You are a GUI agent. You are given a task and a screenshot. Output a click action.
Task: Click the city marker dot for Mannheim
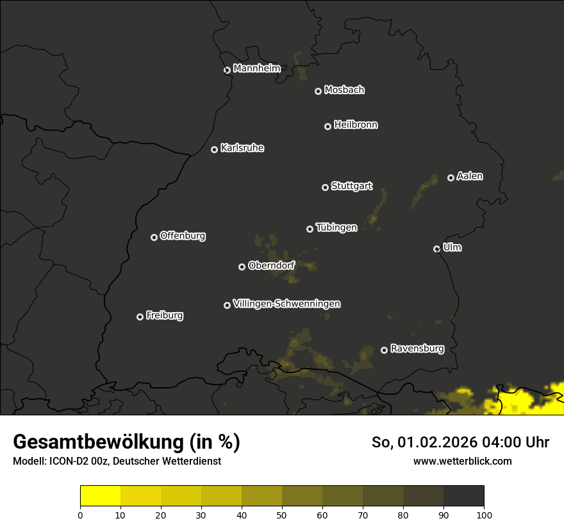point(227,71)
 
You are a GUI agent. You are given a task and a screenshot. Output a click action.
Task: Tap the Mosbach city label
point(344,90)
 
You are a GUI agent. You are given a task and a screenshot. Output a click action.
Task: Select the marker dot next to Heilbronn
point(328,126)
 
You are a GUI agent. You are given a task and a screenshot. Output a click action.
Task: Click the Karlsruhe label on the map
point(242,148)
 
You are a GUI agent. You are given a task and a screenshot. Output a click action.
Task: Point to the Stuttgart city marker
point(325,187)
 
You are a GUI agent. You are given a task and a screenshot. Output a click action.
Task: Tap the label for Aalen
point(470,176)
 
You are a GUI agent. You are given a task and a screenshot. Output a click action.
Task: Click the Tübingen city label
point(336,228)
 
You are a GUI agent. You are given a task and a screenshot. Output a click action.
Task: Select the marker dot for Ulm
point(436,249)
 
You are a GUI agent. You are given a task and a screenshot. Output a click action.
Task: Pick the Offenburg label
point(183,236)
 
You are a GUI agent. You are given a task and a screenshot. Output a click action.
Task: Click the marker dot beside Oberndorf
point(242,267)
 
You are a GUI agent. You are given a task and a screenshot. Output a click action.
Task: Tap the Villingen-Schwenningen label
point(286,304)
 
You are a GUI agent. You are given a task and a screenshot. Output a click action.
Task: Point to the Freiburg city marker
point(140,317)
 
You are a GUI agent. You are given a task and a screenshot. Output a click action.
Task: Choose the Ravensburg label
point(417,349)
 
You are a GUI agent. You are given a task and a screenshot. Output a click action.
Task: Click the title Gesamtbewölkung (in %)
point(126,442)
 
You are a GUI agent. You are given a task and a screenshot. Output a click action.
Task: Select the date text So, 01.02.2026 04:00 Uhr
point(460,442)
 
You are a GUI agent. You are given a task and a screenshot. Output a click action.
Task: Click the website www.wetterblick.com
point(463,461)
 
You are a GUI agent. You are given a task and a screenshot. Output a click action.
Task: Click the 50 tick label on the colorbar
point(282,514)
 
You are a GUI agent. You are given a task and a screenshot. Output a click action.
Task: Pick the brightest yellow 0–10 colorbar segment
point(100,496)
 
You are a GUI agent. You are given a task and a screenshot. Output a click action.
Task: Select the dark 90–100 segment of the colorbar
point(463,496)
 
